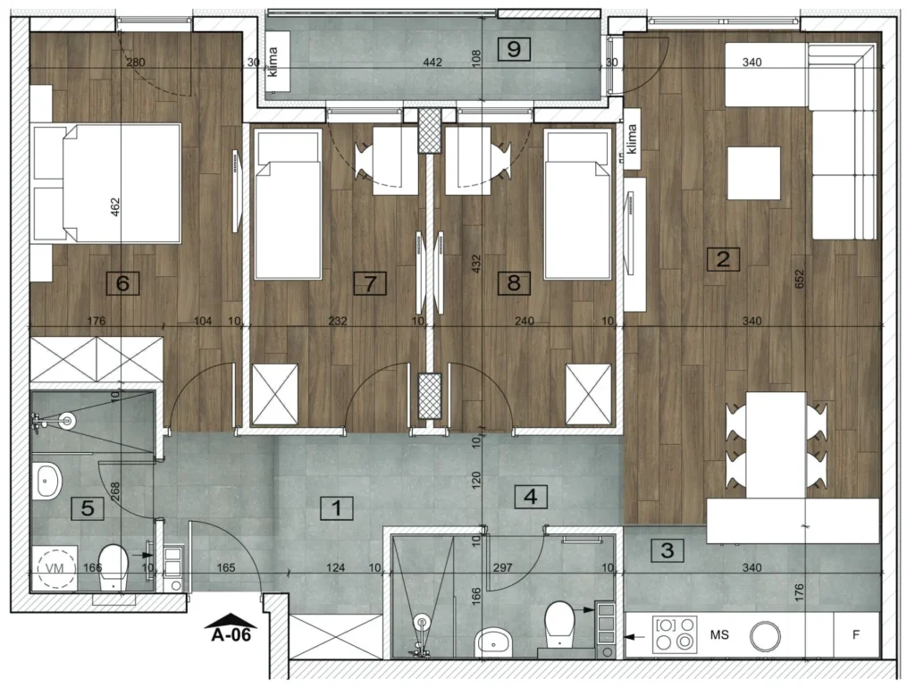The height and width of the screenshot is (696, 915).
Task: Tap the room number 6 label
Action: coord(122,283)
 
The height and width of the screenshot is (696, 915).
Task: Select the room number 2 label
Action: coord(723,258)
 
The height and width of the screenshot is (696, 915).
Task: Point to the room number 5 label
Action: coord(88,508)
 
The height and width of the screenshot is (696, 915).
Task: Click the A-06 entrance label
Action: coord(231,634)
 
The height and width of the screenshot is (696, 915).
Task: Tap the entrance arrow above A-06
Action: coord(231,619)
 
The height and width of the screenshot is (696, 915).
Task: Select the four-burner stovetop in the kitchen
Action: coord(676,634)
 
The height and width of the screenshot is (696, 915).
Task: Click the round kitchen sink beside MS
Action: coord(765,635)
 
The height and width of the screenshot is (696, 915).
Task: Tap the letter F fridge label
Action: coord(856,634)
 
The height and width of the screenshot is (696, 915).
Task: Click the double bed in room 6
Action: coord(106,182)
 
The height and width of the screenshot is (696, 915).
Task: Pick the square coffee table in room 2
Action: coord(753,173)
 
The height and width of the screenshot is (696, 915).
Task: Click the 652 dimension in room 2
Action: coord(800,278)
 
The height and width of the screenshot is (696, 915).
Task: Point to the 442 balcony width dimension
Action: coord(432,63)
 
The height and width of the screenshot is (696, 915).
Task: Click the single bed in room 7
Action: coord(289,205)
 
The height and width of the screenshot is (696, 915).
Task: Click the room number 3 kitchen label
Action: coord(667,549)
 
